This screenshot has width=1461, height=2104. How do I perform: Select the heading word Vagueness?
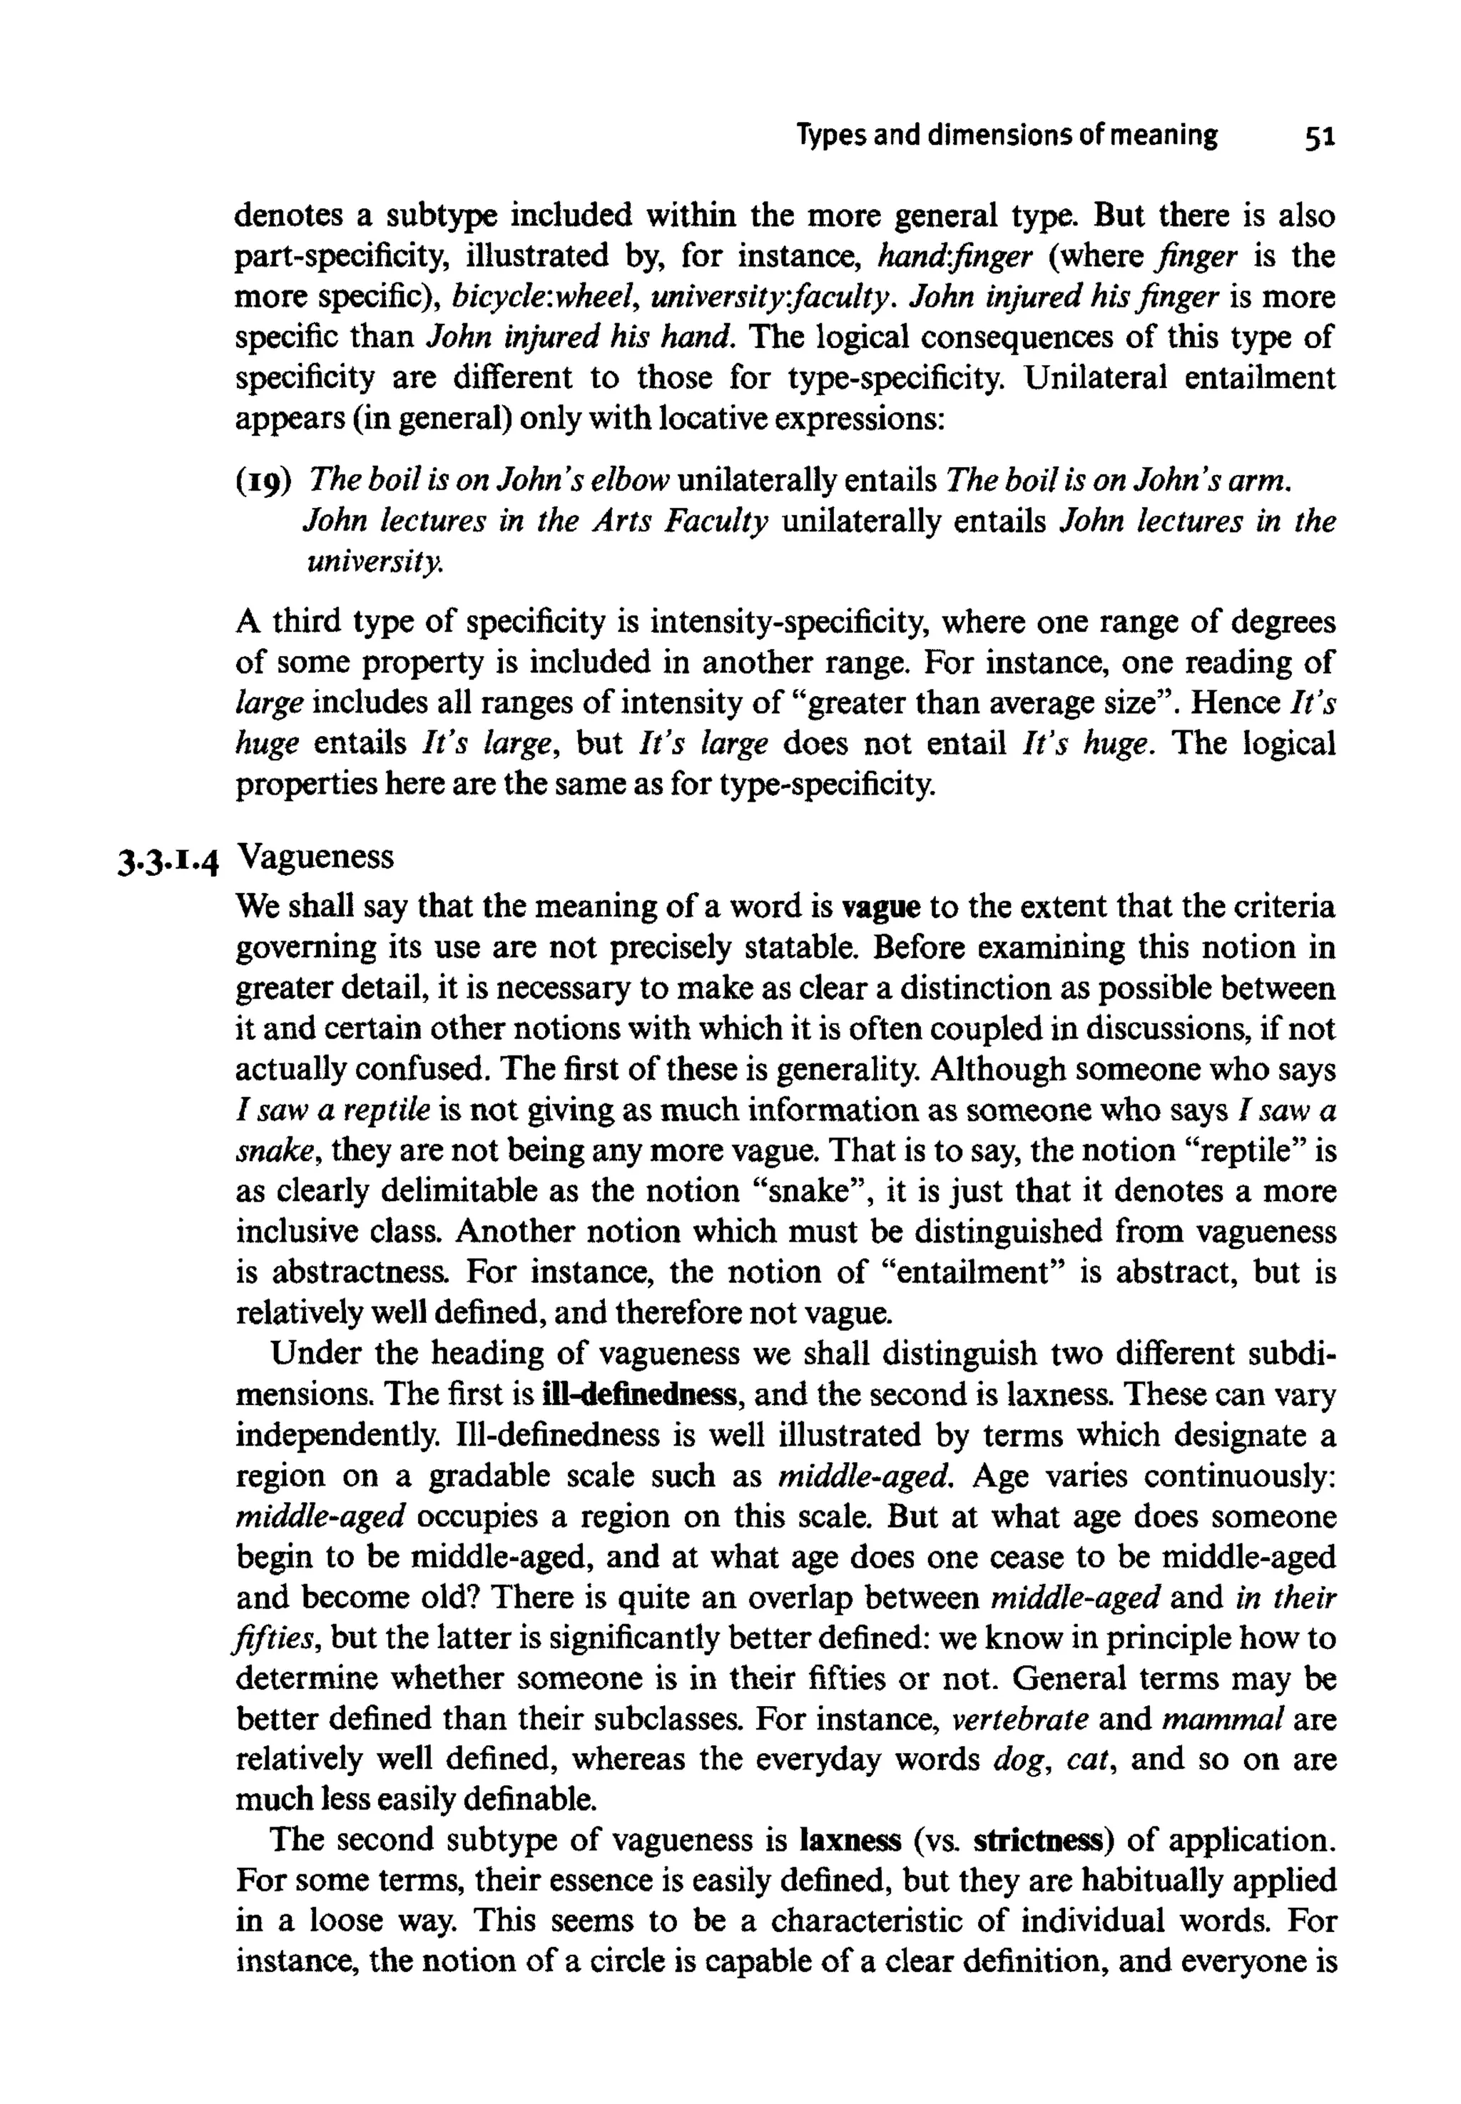[315, 857]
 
